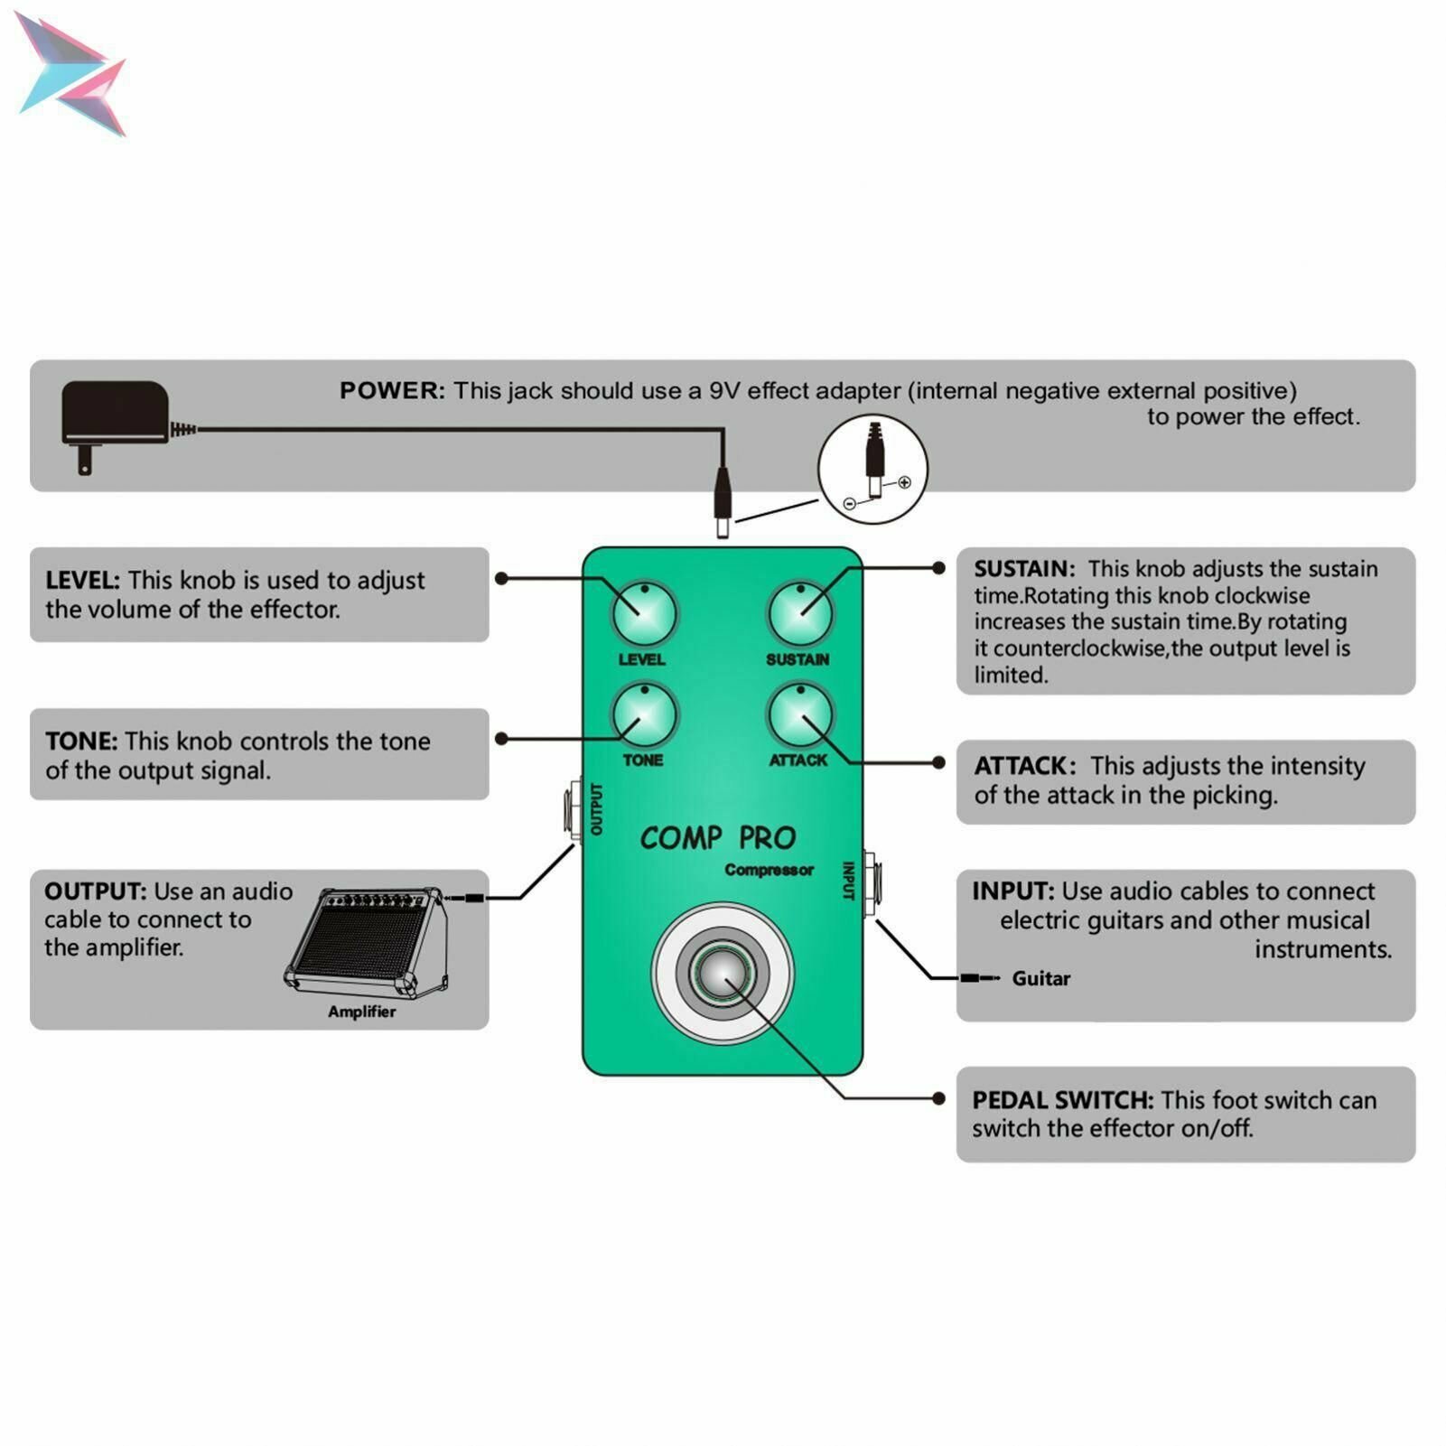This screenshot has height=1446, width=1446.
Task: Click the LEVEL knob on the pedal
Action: (644, 613)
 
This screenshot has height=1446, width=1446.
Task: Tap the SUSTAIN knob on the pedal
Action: (800, 613)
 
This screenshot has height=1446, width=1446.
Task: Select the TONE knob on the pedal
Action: (644, 715)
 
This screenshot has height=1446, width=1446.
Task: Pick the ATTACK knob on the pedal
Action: (800, 715)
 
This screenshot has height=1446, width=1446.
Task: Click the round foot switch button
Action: (723, 974)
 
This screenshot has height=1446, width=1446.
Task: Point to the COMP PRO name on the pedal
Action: (718, 838)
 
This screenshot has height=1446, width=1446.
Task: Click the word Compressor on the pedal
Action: (769, 870)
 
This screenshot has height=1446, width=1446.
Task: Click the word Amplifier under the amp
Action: (361, 1012)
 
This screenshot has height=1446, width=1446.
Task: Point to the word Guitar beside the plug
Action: (1040, 978)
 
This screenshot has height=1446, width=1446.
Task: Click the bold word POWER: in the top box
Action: (392, 391)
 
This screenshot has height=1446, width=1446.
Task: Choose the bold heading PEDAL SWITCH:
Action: (1062, 1100)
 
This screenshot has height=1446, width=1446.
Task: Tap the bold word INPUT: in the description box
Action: (1012, 891)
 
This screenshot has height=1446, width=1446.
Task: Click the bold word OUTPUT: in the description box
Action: (95, 891)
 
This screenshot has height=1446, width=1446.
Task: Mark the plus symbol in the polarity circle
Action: (904, 482)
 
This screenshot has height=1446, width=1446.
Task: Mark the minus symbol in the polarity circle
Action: (849, 504)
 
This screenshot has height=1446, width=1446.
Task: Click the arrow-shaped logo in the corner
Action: (72, 76)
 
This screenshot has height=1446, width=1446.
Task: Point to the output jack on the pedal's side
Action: (573, 811)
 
